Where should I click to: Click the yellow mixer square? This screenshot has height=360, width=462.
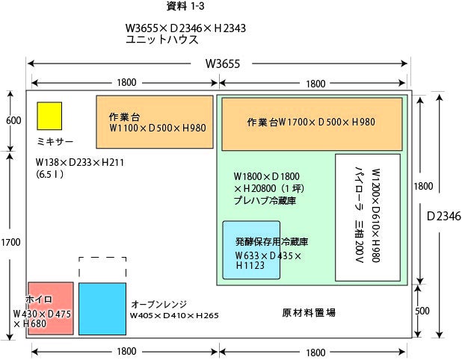tap(49, 115)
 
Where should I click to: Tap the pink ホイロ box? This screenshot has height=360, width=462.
tap(51, 308)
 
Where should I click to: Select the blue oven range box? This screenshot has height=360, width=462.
tap(102, 308)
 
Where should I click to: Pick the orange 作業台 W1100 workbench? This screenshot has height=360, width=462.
tap(155, 122)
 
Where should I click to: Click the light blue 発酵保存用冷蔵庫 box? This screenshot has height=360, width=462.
tap(251, 250)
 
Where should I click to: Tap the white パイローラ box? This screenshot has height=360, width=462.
tap(367, 217)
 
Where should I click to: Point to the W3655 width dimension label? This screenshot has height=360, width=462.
tap(222, 64)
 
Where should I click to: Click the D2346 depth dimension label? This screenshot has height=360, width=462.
tap(444, 216)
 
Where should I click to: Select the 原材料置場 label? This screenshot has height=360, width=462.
tap(309, 312)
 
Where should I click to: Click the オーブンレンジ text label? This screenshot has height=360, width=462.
tap(158, 305)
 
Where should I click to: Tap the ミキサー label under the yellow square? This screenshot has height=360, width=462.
tap(55, 142)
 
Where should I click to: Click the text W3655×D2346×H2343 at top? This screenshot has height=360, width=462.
tap(186, 29)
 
